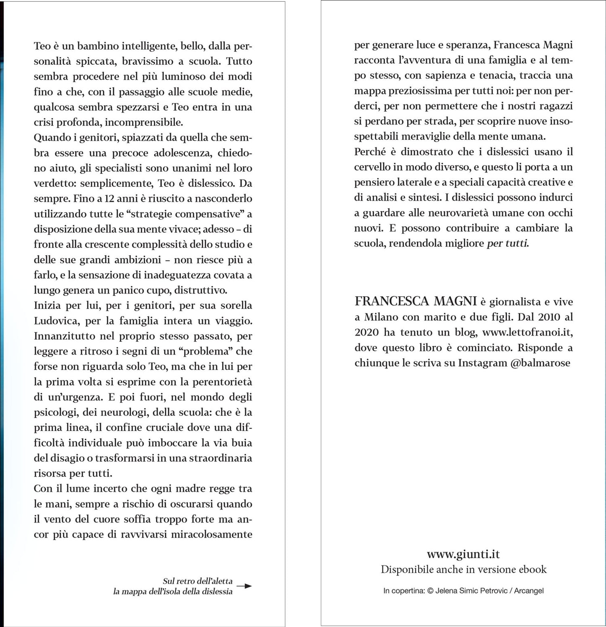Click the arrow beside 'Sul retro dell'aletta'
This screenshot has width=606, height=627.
(x=244, y=586)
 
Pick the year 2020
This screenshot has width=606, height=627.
(x=367, y=332)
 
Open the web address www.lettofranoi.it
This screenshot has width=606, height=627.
(x=527, y=332)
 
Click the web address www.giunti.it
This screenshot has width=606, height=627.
(x=463, y=554)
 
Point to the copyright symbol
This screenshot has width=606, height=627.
(x=430, y=591)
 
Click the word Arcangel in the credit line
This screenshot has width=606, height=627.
(x=529, y=591)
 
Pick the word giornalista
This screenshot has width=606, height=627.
(x=515, y=302)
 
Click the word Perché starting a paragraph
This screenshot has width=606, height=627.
(x=370, y=152)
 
